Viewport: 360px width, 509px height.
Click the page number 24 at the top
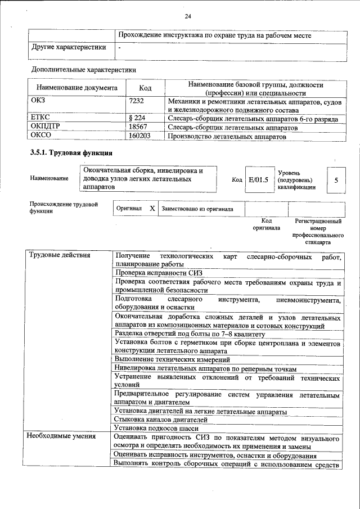click(187, 16)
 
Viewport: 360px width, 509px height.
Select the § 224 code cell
click(137, 119)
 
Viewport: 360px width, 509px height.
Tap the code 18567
click(138, 127)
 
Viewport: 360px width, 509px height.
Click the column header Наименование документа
click(77, 88)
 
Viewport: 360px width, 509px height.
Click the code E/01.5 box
click(258, 180)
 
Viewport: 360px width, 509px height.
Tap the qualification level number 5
click(336, 180)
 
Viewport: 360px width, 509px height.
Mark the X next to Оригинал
click(152, 208)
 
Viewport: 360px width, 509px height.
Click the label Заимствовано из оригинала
click(193, 209)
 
